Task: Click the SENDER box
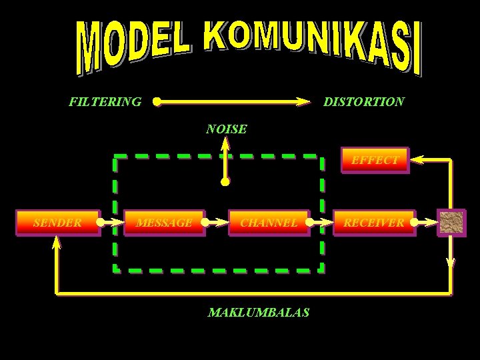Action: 58,223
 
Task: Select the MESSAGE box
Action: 165,223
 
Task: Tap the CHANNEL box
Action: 269,223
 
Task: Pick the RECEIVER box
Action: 374,223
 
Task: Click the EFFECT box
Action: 374,160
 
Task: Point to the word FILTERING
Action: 105,102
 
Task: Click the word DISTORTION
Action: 363,102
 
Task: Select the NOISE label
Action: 227,129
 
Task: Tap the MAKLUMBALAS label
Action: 259,312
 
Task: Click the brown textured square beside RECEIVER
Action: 451,223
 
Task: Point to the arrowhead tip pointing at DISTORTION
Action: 307,102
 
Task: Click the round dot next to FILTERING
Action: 156,102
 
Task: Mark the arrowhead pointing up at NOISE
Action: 226,143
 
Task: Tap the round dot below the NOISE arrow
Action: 225,181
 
